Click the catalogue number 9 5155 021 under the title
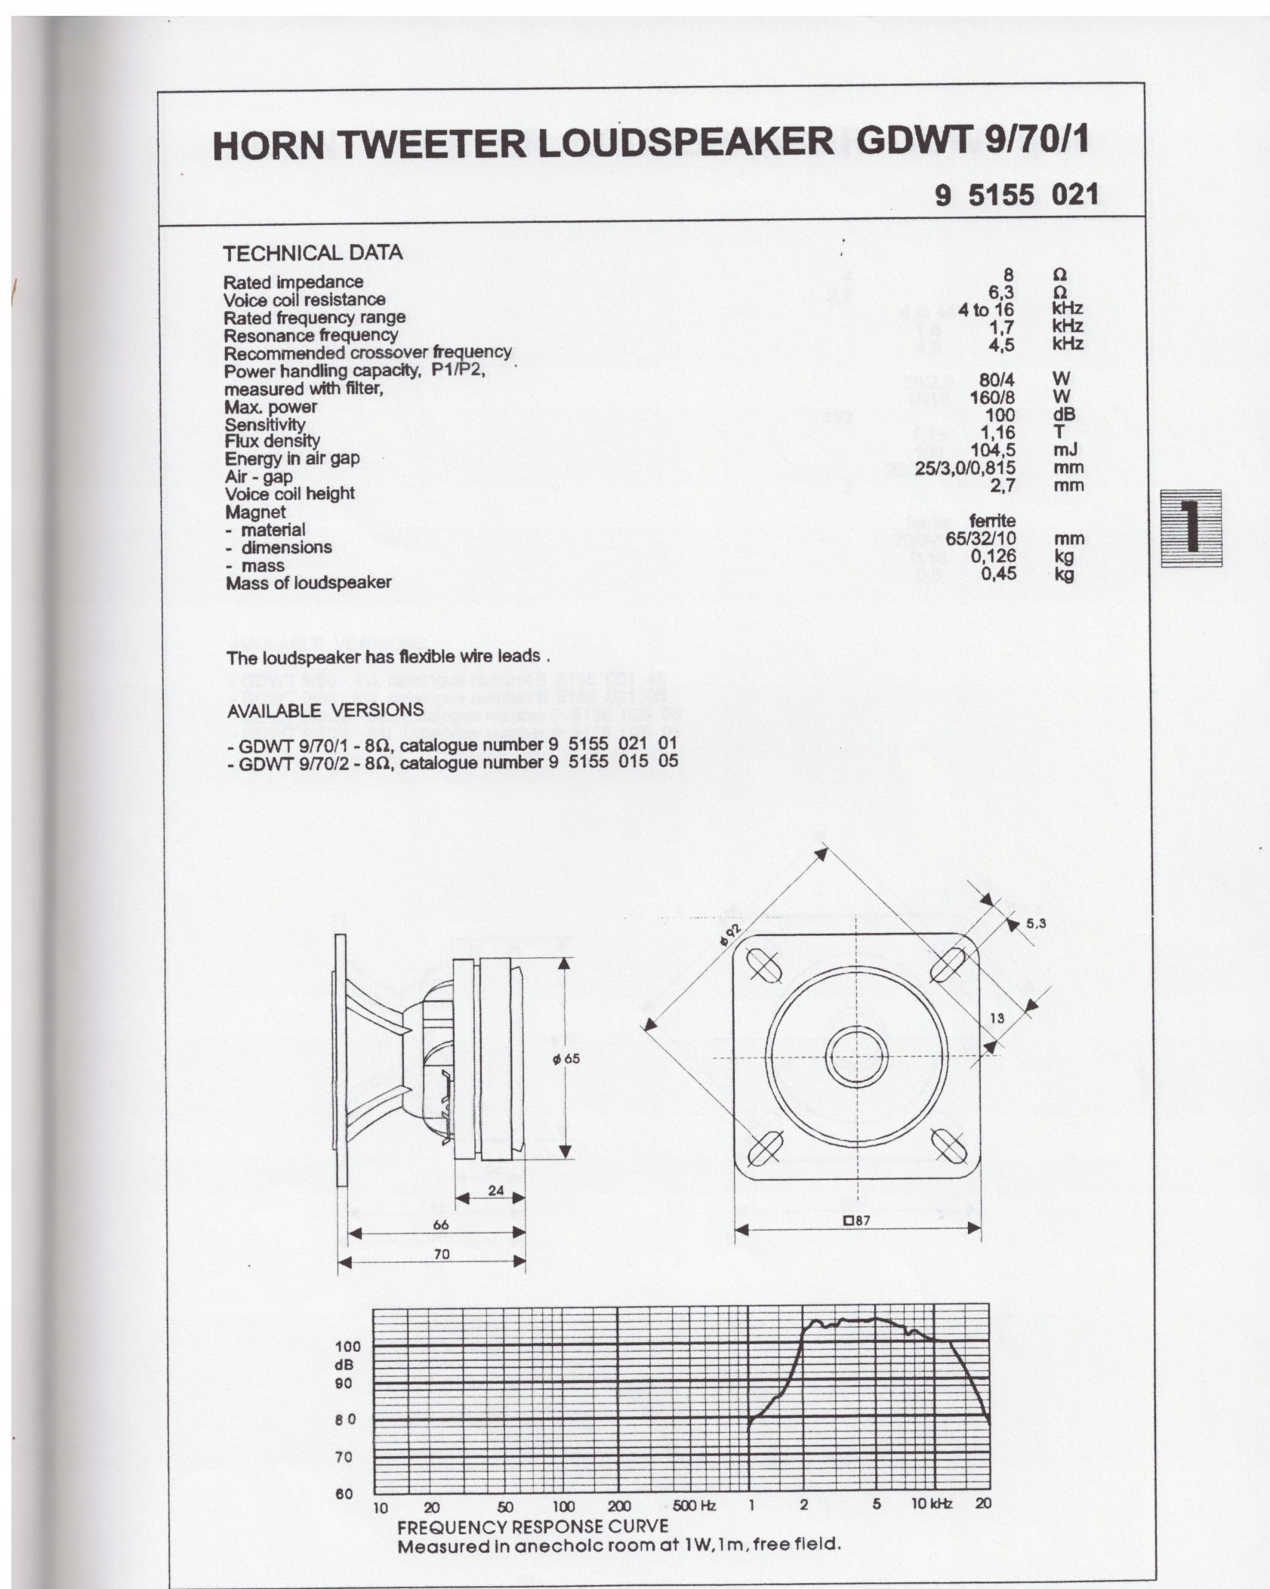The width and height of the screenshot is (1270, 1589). (x=1016, y=196)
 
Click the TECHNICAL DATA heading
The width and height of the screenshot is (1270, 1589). (x=313, y=253)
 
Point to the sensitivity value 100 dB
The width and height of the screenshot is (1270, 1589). (x=1000, y=415)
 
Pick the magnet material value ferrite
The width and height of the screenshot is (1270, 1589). (x=992, y=521)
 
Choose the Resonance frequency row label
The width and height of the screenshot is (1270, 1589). (x=310, y=335)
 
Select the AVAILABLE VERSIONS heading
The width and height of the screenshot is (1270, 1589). (x=325, y=710)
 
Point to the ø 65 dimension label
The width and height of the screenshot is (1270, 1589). (x=566, y=1058)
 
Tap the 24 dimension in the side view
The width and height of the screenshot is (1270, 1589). (x=495, y=1190)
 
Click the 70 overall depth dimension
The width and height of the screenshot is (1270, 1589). (x=442, y=1254)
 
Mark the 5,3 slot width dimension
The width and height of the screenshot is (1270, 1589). (x=1036, y=923)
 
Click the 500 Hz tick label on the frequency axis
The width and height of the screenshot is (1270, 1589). (x=693, y=1505)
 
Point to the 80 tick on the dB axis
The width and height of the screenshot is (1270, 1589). (x=345, y=1420)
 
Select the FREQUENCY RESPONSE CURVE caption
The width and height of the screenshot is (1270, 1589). (x=533, y=1526)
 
